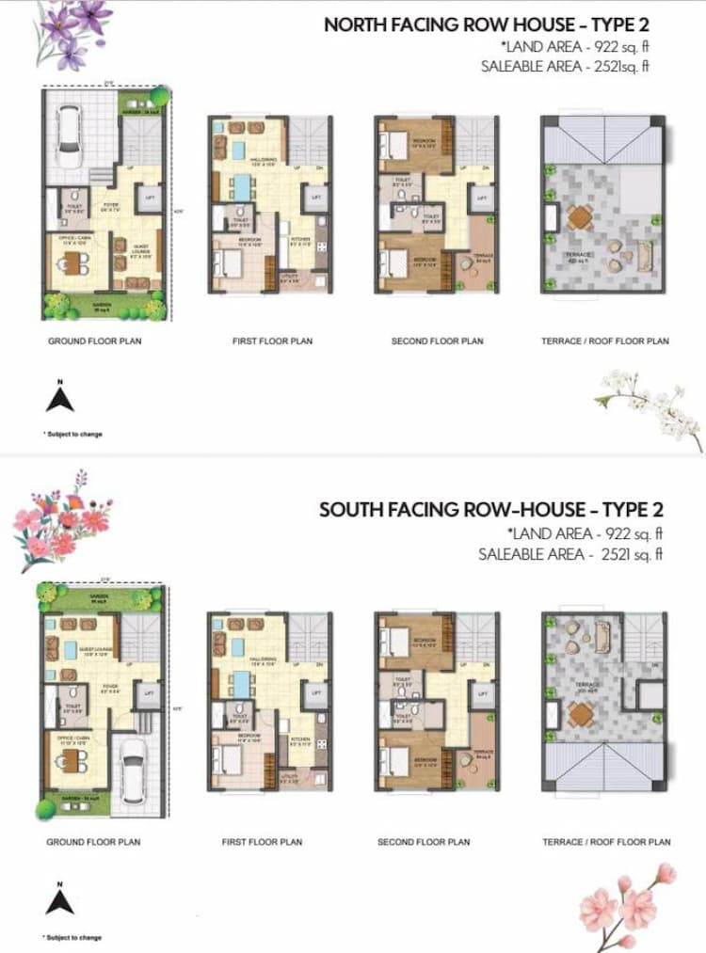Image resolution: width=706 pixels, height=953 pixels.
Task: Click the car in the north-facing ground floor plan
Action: (x=70, y=129)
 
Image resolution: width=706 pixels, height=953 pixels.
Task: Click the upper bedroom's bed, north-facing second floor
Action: (x=389, y=144)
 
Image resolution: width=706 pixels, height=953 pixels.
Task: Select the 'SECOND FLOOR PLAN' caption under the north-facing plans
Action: (x=437, y=341)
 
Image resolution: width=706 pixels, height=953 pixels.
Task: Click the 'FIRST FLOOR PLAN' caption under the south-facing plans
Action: (x=262, y=842)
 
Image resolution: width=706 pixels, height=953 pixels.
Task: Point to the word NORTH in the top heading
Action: (x=352, y=24)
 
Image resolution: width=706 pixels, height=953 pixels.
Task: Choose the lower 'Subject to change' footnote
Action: (x=72, y=937)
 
